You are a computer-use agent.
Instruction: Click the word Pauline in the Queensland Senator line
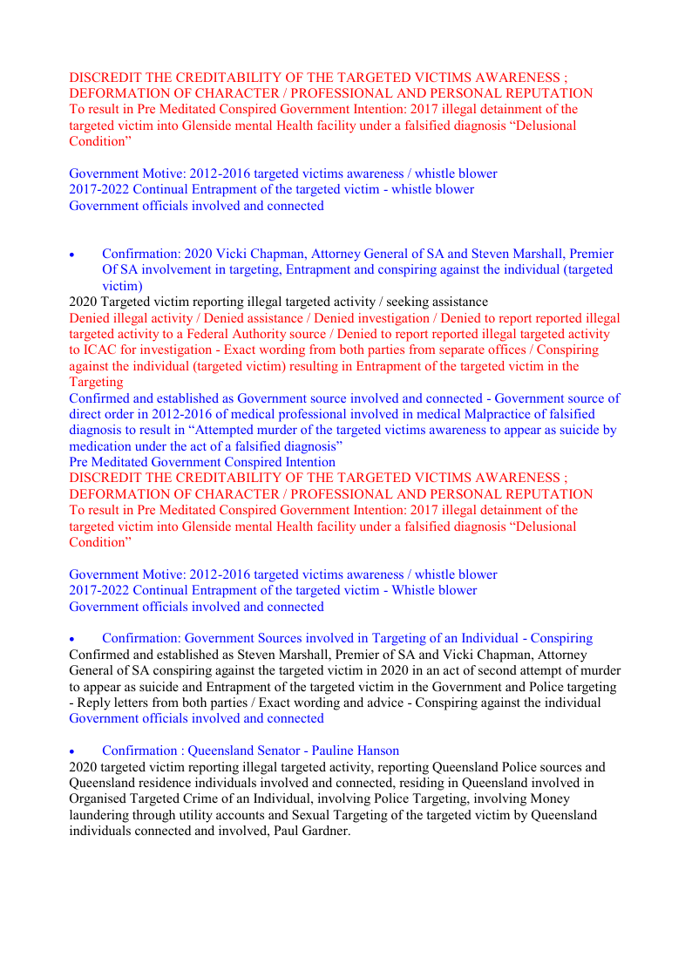pos(333,750)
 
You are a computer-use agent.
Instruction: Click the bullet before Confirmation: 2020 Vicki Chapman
pos(73,255)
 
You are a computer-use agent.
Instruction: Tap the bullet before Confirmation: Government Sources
pos(73,639)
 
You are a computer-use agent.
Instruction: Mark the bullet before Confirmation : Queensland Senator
pos(73,750)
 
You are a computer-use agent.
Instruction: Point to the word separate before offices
pos(454,350)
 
